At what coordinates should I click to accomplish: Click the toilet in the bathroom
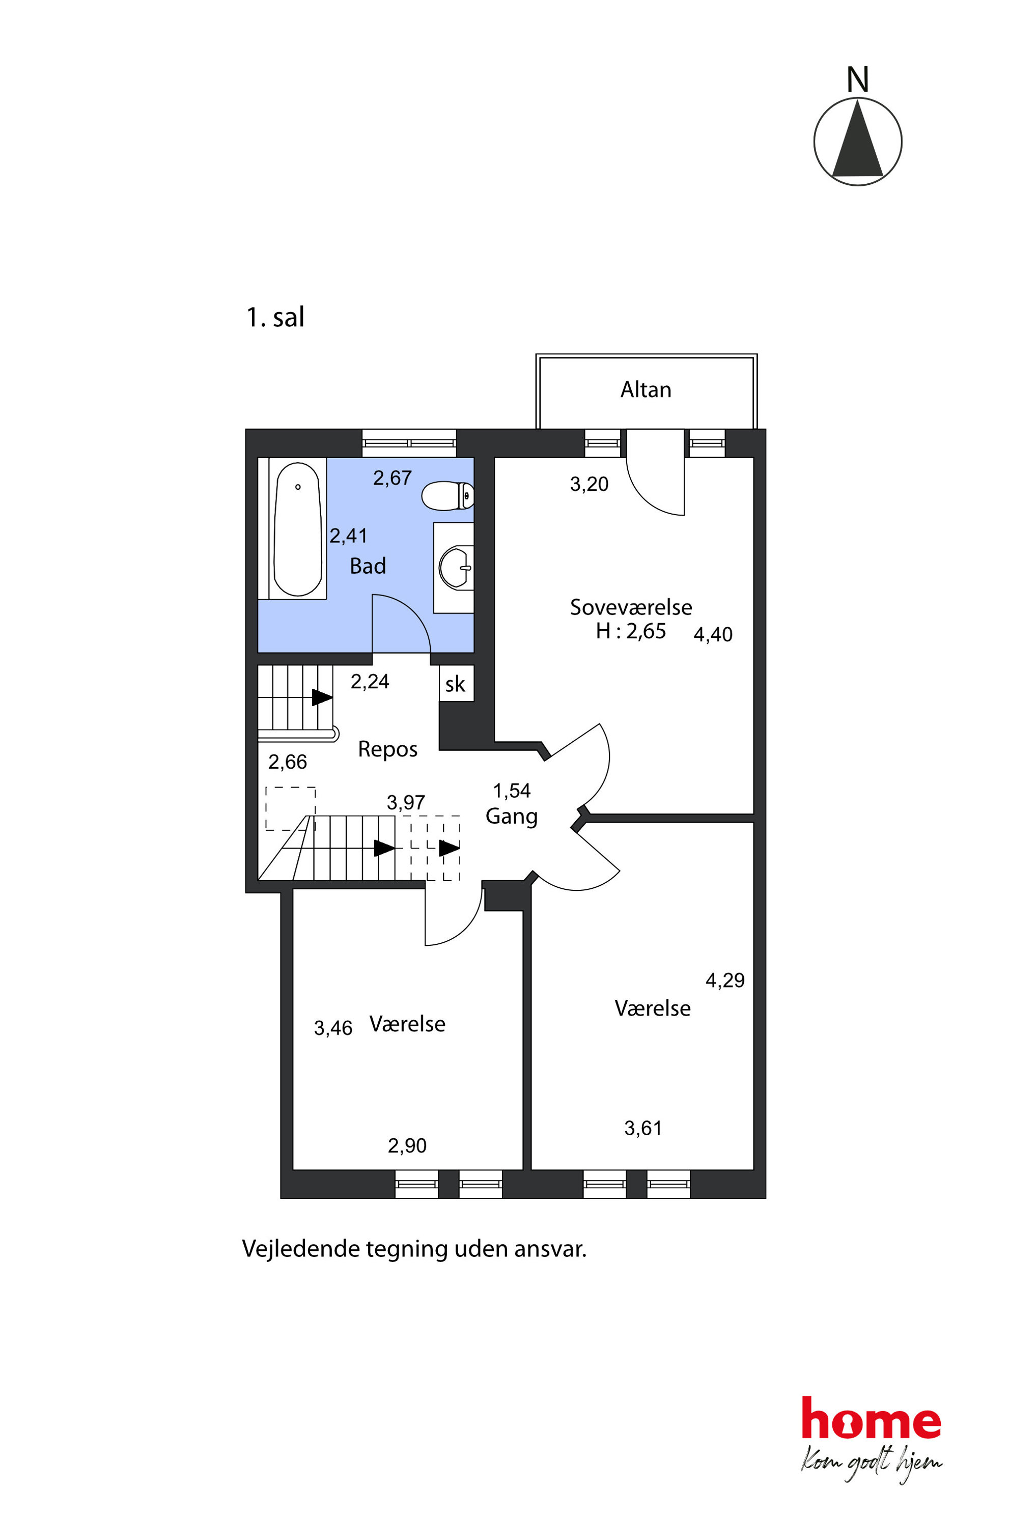pos(447,495)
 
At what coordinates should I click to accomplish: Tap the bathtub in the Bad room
pos(298,529)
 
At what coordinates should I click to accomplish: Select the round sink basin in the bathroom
pos(456,568)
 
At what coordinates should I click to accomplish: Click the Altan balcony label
pos(646,390)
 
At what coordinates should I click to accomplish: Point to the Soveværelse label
pos(631,607)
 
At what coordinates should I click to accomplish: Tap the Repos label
pos(388,749)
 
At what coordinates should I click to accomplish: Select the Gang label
pos(512,817)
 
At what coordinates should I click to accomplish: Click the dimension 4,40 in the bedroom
pos(713,634)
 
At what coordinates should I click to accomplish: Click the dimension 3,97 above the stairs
pos(406,803)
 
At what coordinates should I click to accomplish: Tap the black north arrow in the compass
pos(857,138)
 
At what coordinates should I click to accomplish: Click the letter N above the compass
pos(857,80)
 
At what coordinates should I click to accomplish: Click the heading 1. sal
pos(276,317)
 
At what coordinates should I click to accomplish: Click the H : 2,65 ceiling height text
pos(631,631)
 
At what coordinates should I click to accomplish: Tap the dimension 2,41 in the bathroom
pos(349,536)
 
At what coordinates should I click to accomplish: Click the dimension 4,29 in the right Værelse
pos(725,980)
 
